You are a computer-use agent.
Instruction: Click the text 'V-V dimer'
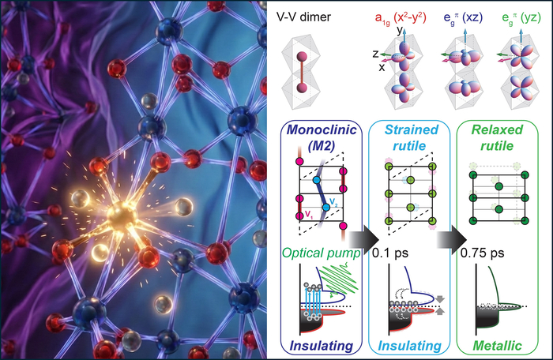(x=312, y=14)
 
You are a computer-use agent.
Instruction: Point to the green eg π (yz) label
(x=515, y=14)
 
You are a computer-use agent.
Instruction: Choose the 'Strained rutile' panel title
(x=411, y=137)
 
